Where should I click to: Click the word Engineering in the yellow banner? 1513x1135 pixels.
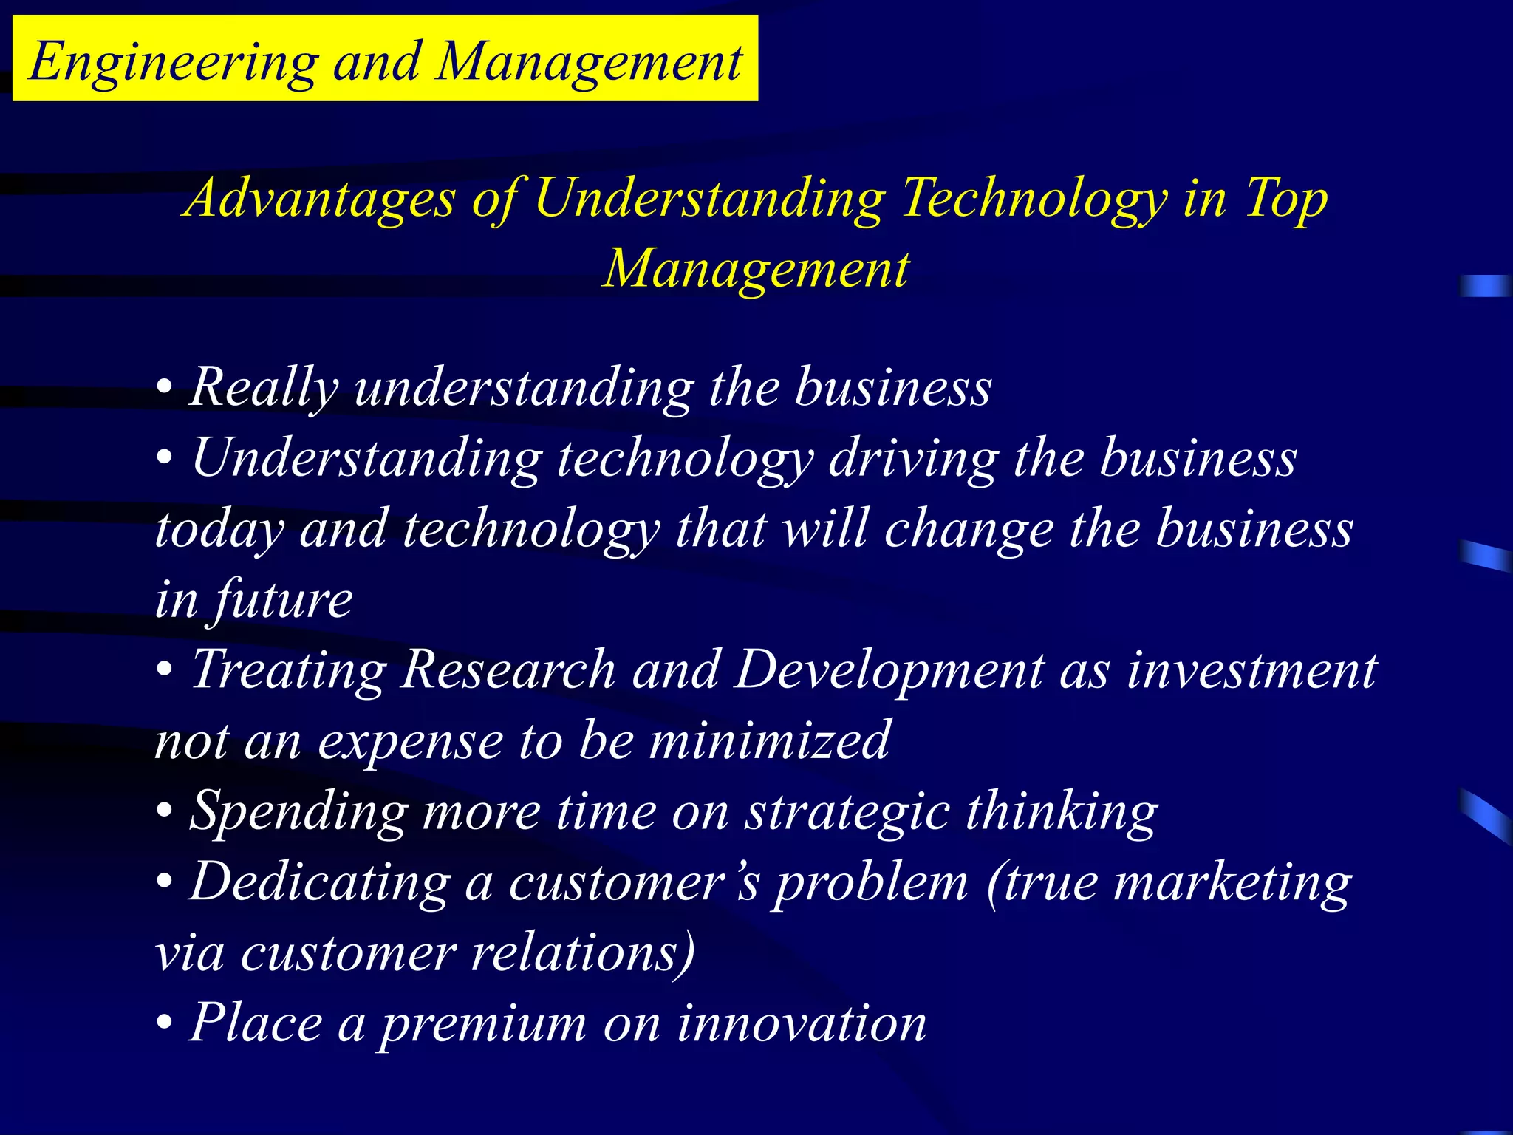click(x=174, y=62)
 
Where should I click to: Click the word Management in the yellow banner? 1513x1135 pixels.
click(x=589, y=62)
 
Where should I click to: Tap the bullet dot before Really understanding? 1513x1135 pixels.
click(x=164, y=387)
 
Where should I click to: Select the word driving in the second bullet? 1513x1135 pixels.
click(x=913, y=458)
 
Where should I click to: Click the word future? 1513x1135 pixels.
click(x=284, y=599)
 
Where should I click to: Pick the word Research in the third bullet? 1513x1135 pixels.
click(x=508, y=669)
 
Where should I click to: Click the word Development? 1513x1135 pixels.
click(x=889, y=669)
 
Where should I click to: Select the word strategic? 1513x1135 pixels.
click(x=847, y=811)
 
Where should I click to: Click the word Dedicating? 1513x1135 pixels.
click(x=319, y=882)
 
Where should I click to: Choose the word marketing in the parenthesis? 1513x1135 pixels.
click(x=1232, y=882)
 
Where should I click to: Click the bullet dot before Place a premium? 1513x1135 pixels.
click(x=164, y=1024)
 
